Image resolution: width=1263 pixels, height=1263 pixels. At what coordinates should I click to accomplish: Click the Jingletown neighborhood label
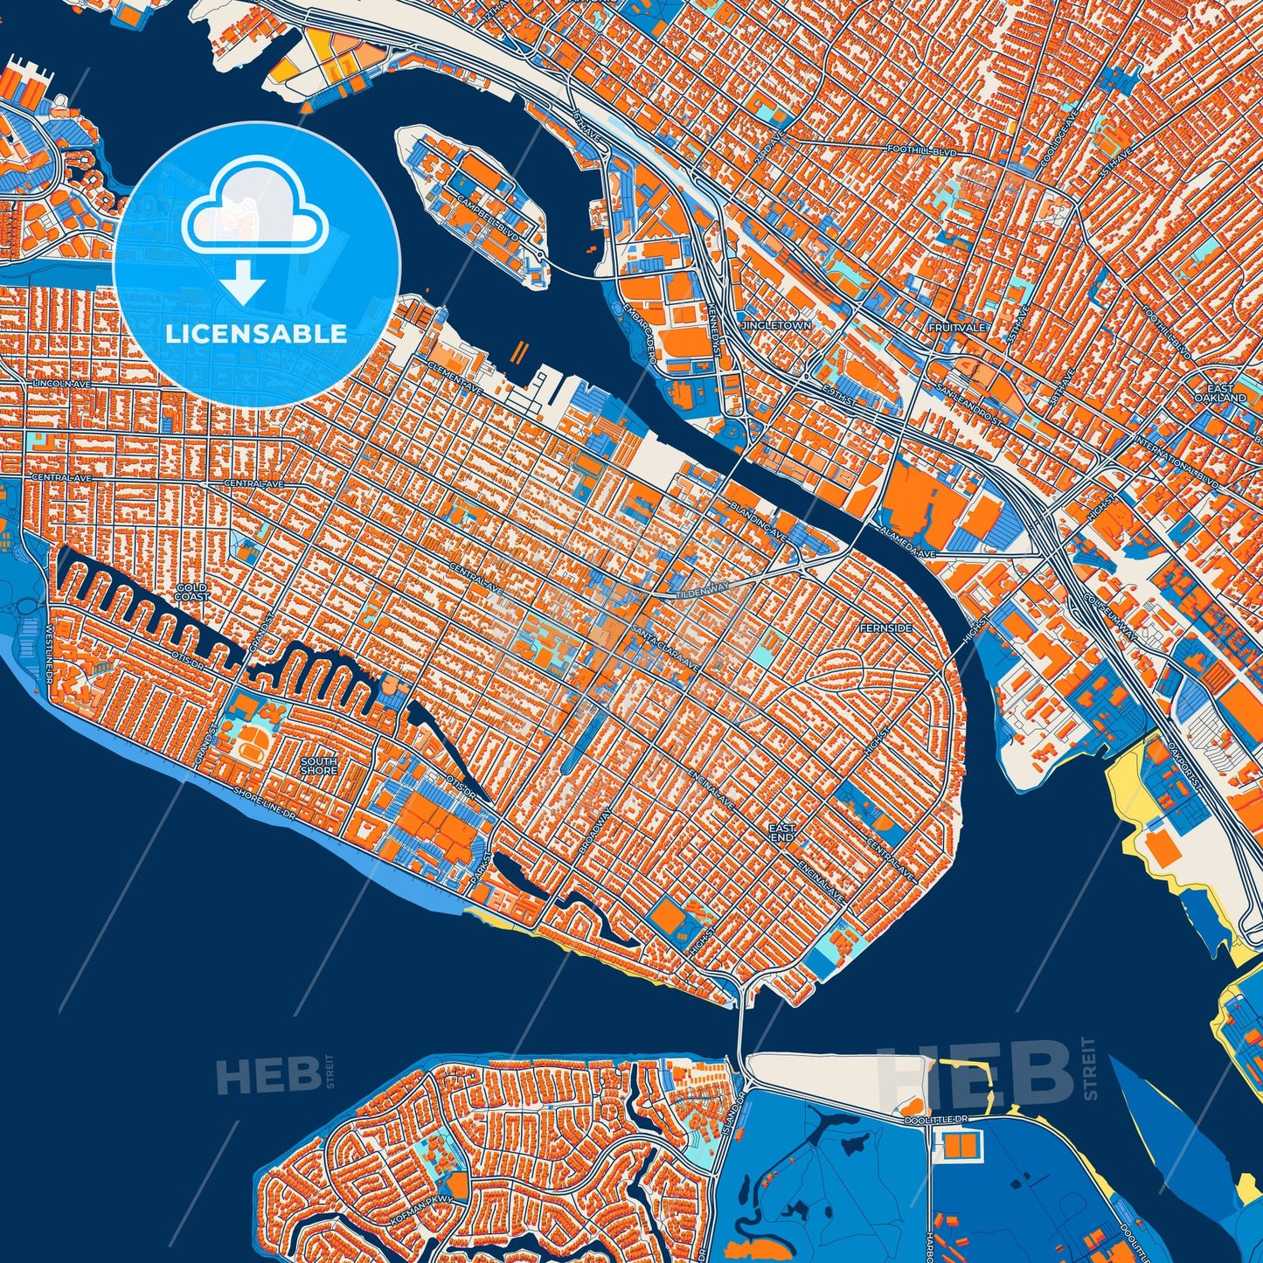(775, 325)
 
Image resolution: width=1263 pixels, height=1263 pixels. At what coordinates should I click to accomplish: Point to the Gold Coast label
(191, 593)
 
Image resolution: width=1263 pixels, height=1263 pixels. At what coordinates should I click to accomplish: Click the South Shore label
(318, 767)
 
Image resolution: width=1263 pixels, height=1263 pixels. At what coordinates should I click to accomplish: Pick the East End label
(781, 832)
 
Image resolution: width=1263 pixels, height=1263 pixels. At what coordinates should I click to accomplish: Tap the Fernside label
(885, 628)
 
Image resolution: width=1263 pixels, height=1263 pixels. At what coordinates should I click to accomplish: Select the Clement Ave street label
(455, 378)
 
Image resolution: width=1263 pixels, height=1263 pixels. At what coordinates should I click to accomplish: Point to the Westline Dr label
(50, 655)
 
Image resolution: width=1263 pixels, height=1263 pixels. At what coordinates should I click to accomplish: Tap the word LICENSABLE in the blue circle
(256, 334)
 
